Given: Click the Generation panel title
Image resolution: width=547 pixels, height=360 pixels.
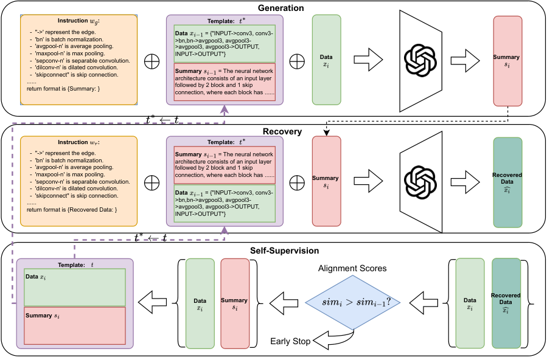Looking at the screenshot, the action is (x=281, y=8).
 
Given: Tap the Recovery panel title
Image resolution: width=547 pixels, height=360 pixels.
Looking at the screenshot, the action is (x=282, y=132).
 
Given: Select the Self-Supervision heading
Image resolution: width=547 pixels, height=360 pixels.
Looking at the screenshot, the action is (x=284, y=251).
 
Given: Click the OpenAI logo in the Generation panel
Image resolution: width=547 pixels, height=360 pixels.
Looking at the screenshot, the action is (x=420, y=61).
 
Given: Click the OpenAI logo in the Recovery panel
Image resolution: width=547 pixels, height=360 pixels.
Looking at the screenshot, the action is (x=420, y=182).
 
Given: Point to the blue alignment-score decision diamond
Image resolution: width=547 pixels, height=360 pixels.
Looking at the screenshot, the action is (x=353, y=302).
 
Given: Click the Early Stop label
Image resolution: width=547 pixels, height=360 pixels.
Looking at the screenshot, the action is (x=290, y=341).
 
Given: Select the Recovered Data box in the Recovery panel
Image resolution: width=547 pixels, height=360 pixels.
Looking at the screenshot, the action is (x=507, y=182).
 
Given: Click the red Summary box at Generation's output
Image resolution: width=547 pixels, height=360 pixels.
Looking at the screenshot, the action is (x=507, y=61).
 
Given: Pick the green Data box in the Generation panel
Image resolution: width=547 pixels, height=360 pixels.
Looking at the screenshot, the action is (x=326, y=60).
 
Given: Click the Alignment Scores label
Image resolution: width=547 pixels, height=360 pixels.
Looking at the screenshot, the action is (x=352, y=268).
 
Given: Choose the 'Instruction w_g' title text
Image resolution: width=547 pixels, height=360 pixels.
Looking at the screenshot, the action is (x=78, y=21).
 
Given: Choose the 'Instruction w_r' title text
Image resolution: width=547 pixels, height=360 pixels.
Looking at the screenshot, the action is (x=78, y=142).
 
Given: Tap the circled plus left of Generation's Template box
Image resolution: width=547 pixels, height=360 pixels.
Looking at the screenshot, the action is (x=152, y=61).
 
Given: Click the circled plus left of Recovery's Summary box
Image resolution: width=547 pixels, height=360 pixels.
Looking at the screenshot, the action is (x=297, y=182).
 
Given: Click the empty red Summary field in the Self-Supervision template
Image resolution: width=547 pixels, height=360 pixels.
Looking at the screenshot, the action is (x=75, y=326).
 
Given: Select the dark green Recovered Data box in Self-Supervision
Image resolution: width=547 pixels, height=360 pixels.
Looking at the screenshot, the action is (x=506, y=303).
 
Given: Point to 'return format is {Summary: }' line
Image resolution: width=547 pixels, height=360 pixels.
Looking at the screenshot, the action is (x=63, y=89).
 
